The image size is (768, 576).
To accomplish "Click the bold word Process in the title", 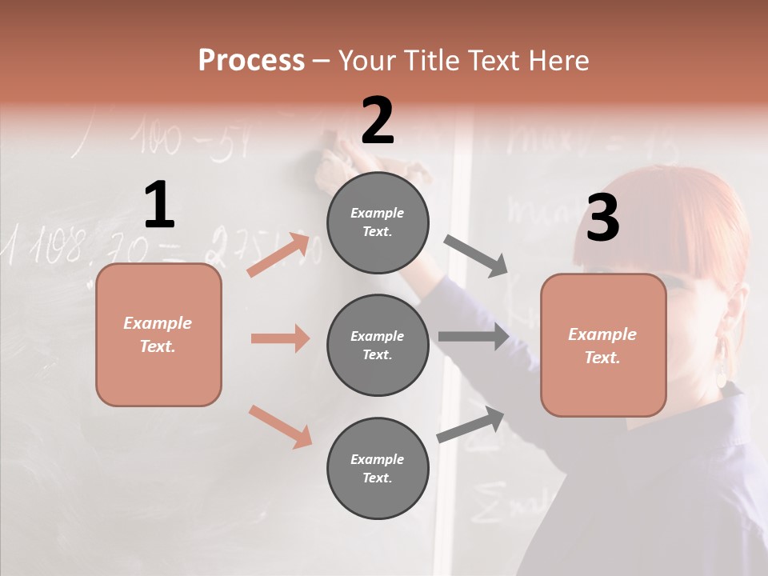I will tap(251, 61).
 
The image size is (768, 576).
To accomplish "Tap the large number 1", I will tap(159, 205).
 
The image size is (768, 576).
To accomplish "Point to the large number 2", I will tap(378, 121).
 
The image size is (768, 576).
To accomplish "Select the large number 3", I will tap(602, 218).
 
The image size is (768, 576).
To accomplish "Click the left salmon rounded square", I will tap(158, 334).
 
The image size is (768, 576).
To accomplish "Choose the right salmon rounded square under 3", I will tap(603, 345).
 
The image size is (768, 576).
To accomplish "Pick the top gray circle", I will tap(378, 222).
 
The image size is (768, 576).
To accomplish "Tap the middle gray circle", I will tap(378, 345).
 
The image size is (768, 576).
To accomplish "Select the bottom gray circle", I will tap(378, 468).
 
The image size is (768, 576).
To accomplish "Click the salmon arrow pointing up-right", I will tap(278, 255).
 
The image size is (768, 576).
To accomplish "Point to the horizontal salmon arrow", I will tap(280, 338).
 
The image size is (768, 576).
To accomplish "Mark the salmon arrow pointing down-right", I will tap(280, 426).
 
